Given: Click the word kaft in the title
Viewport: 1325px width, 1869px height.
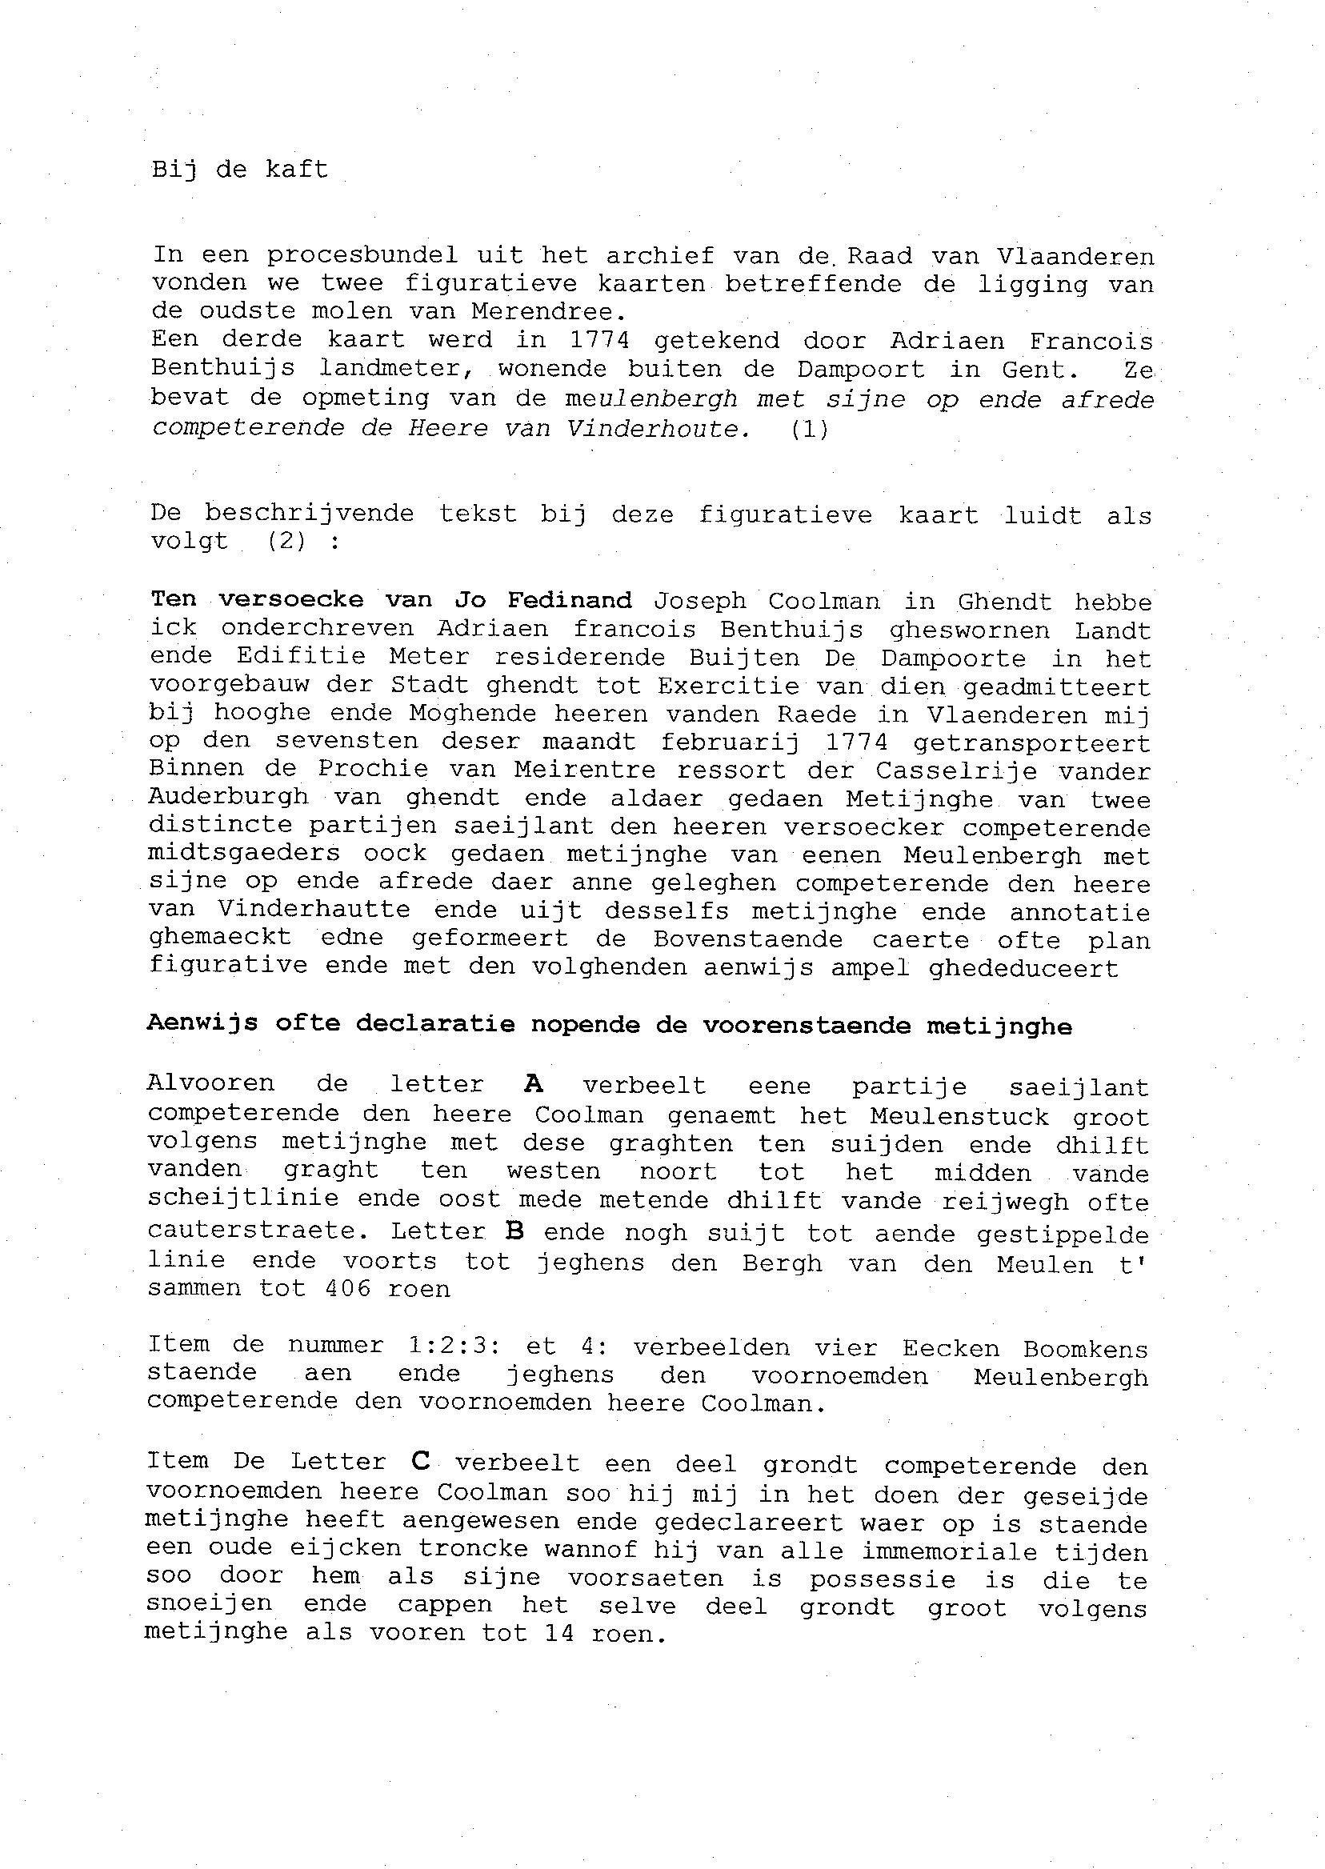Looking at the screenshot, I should click(297, 170).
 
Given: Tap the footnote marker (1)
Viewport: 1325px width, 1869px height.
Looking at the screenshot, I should click(810, 429).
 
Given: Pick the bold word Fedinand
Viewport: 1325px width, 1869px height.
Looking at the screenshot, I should click(570, 600).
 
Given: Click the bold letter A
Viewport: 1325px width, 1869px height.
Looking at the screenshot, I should click(533, 1084).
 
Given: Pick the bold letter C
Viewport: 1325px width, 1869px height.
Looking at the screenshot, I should click(420, 1461).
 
